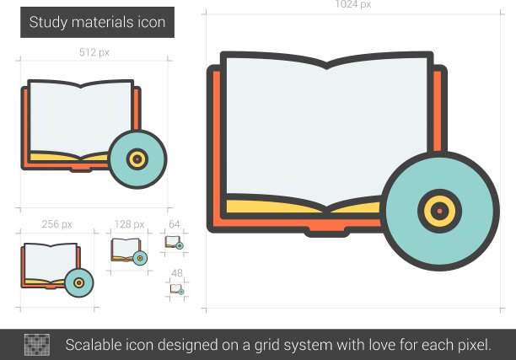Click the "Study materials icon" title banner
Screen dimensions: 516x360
pos(97,22)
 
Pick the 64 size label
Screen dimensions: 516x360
pos(174,224)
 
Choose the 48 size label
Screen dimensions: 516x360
pos(177,273)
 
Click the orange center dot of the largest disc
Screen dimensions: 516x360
pos(439,211)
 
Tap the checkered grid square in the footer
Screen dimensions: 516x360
pos(37,345)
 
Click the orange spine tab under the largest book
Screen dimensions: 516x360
pos(326,229)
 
